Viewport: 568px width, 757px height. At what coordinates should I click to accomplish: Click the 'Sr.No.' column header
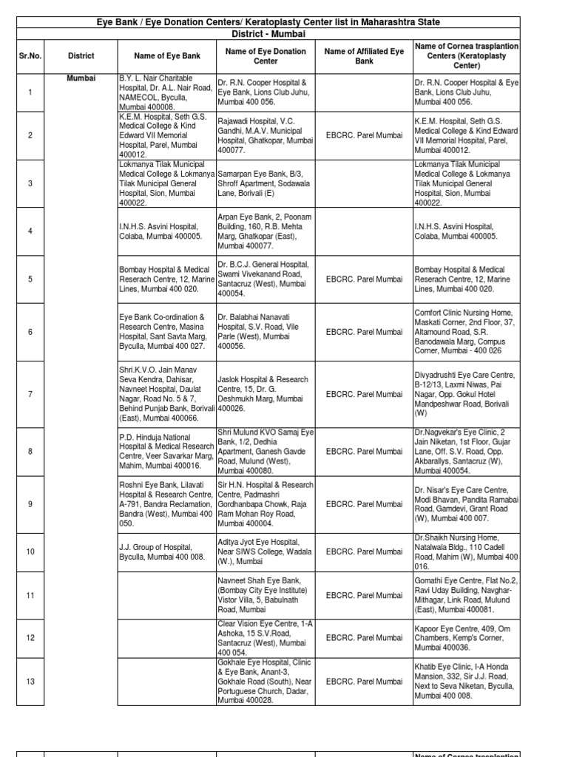pyautogui.click(x=30, y=55)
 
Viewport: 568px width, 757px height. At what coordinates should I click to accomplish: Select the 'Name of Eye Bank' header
pyautogui.click(x=166, y=55)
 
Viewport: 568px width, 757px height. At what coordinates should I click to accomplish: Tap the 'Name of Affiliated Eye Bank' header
pyautogui.click(x=365, y=55)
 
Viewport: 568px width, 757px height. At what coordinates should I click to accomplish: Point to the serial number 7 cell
pyautogui.click(x=30, y=394)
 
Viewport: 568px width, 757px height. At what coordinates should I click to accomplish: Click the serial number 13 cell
pyautogui.click(x=30, y=681)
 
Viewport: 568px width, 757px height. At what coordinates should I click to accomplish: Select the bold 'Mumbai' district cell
pyautogui.click(x=81, y=78)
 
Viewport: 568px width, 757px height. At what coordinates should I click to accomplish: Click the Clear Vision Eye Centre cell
pyautogui.click(x=264, y=637)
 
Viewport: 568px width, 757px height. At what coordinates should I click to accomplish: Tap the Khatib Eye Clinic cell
pyautogui.click(x=466, y=681)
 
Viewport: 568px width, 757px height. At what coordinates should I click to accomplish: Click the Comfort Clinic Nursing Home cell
pyautogui.click(x=466, y=332)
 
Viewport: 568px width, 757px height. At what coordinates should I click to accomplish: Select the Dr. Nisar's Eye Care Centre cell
pyautogui.click(x=466, y=504)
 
